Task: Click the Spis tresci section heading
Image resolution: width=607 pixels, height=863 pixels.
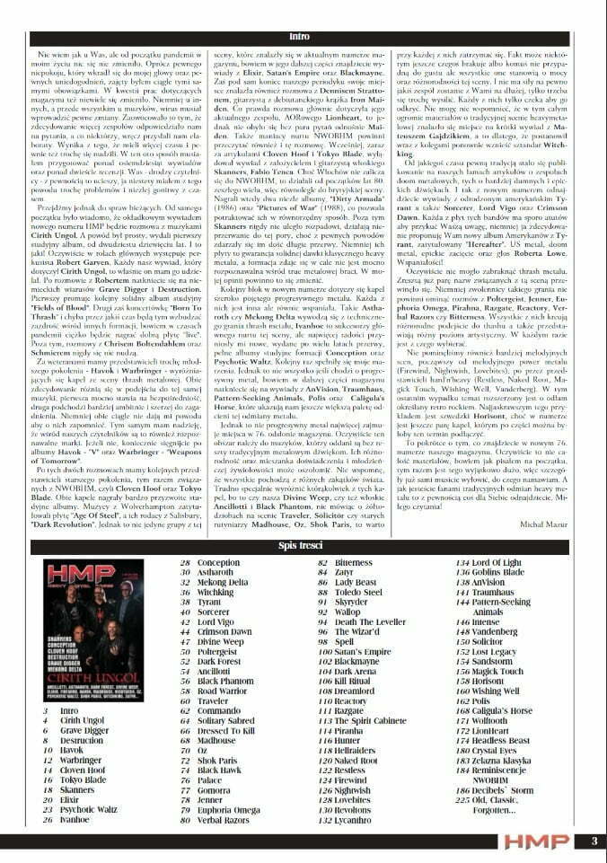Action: tap(300, 548)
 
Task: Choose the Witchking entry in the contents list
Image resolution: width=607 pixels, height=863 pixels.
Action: tap(216, 594)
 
